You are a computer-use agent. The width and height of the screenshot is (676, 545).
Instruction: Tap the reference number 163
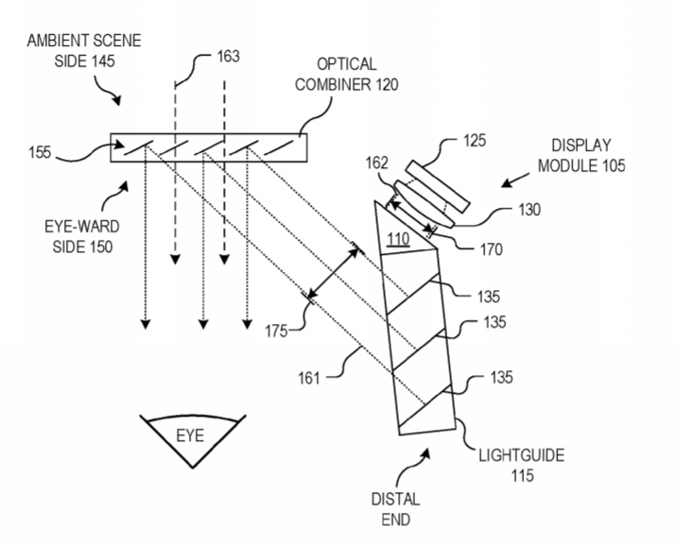tap(227, 57)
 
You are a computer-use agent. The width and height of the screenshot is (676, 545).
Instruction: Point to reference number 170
tap(492, 250)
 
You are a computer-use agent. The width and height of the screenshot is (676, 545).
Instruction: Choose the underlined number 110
tap(397, 240)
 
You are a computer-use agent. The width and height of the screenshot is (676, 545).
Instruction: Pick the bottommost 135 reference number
tap(502, 379)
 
